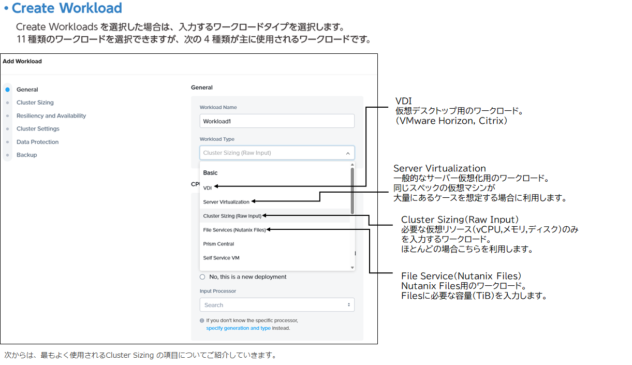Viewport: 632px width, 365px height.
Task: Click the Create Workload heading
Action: pos(67,8)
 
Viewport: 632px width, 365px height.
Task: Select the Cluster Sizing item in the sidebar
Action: pos(35,103)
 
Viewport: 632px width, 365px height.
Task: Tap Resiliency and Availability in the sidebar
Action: pos(51,116)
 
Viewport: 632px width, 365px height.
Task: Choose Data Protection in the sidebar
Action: pos(37,142)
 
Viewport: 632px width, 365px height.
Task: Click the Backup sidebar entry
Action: pos(26,155)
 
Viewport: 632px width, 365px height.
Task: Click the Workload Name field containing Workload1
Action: pos(276,121)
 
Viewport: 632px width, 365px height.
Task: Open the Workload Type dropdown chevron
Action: pos(348,153)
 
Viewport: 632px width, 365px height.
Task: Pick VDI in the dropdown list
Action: pos(208,188)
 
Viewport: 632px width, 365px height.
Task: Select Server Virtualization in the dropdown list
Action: pos(226,202)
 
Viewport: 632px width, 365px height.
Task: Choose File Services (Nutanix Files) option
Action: pos(234,230)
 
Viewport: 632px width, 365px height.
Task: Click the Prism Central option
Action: pos(218,244)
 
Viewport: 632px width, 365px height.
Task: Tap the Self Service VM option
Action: pos(221,258)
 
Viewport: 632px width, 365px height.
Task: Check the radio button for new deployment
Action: pos(202,277)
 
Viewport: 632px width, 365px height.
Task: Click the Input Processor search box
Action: pos(276,305)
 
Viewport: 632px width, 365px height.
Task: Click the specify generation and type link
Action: pos(238,328)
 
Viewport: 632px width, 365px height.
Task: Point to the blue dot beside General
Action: pos(7,90)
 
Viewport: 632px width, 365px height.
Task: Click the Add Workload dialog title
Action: pos(22,61)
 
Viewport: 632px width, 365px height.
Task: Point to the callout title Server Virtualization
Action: pos(439,168)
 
